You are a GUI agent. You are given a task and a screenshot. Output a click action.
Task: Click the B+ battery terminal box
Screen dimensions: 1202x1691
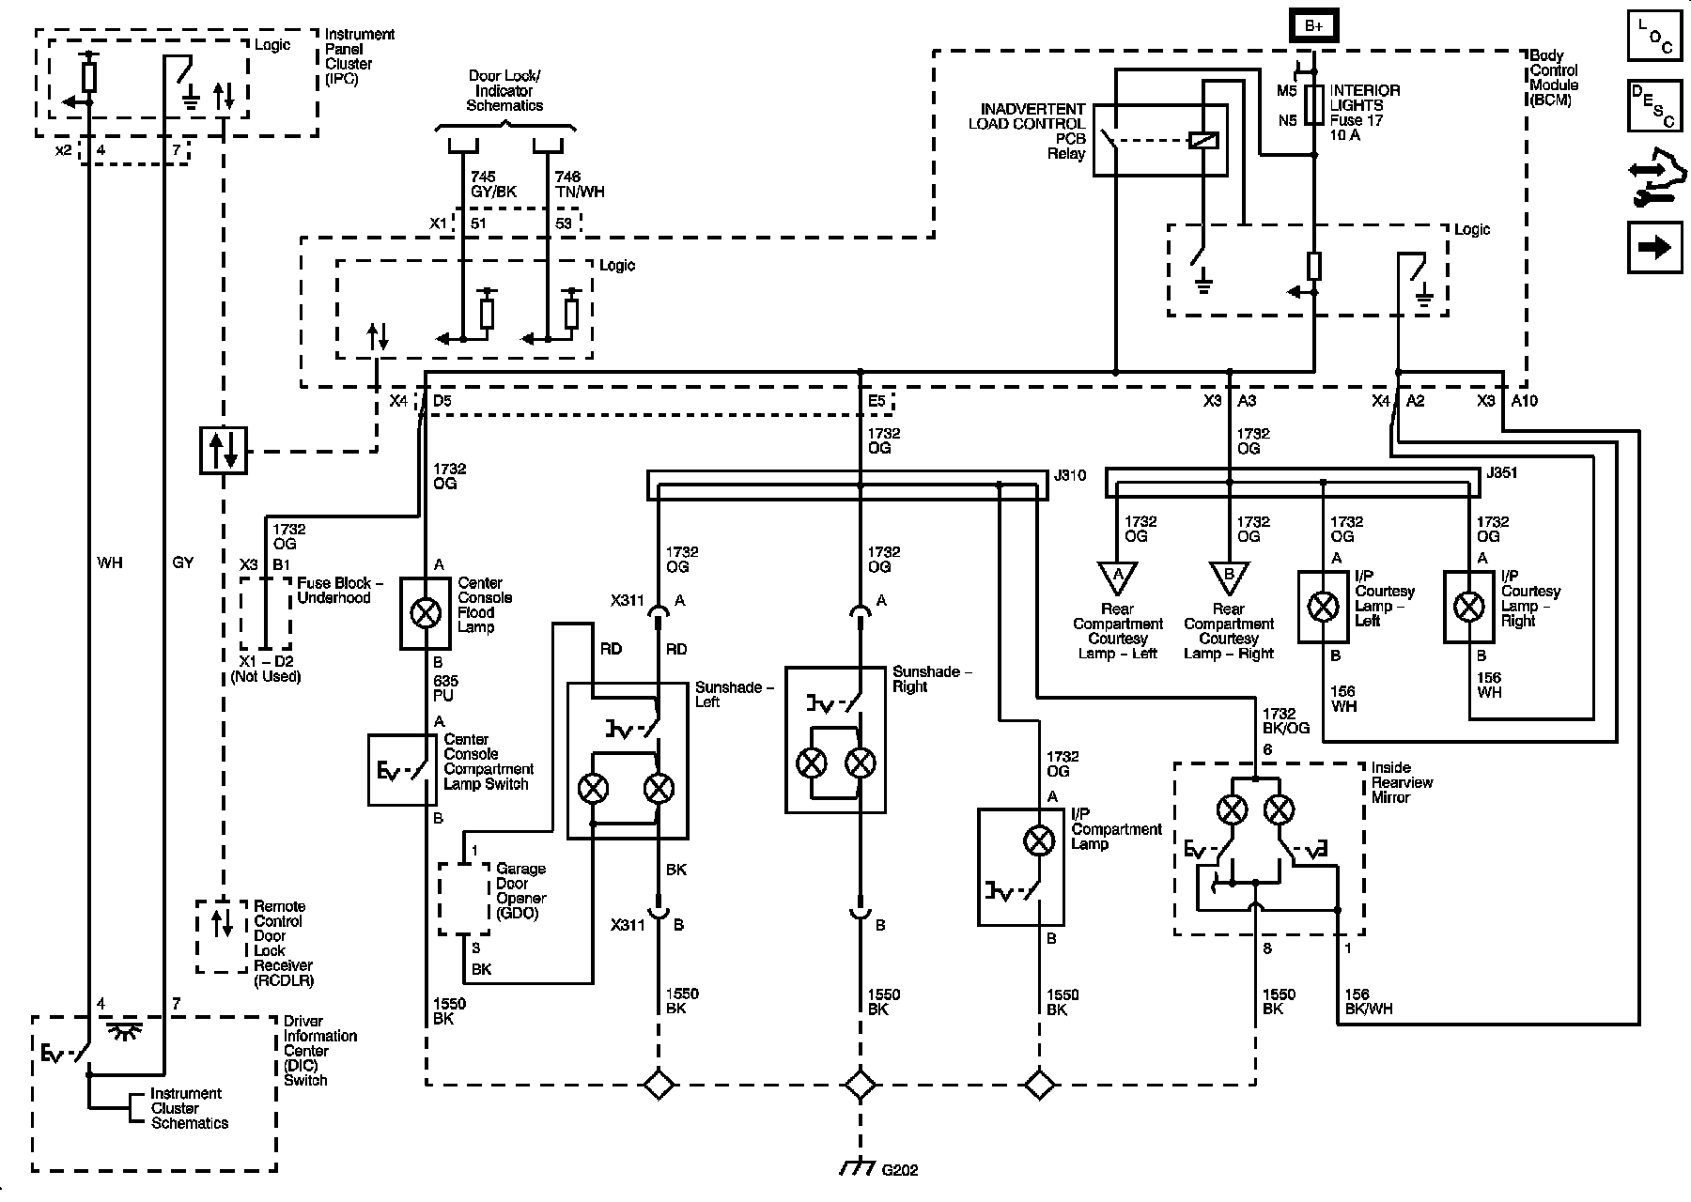pos(1313,26)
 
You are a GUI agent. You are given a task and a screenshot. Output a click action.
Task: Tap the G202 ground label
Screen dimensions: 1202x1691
pos(899,1170)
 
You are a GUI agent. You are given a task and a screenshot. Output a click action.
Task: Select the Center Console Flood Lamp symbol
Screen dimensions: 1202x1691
pos(427,613)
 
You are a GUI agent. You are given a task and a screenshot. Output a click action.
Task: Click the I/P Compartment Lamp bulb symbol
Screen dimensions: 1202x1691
pos(1038,840)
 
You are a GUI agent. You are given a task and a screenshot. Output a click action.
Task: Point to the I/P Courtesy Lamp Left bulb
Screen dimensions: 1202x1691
pos(1324,607)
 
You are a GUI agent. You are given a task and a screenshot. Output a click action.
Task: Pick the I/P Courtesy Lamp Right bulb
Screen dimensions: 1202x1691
pos(1469,607)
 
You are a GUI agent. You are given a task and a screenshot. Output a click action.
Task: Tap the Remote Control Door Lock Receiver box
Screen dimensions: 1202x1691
pos(222,936)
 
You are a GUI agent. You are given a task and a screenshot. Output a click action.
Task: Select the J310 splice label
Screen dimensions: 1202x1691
pos(1070,475)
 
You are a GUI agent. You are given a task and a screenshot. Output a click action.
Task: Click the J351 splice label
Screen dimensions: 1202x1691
pos(1502,472)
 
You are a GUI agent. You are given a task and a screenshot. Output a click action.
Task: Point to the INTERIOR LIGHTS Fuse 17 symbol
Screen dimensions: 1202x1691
pos(1314,101)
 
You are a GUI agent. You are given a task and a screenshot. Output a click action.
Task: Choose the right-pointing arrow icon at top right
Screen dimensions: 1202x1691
pos(1654,247)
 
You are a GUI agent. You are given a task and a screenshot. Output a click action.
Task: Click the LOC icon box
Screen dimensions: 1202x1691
pos(1654,38)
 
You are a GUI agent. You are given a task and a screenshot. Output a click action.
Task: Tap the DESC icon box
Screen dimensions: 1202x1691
pos(1654,106)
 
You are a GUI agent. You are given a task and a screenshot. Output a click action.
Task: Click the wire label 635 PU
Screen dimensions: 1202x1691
pos(443,688)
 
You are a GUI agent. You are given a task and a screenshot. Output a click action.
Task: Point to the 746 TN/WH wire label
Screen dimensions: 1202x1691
pos(580,184)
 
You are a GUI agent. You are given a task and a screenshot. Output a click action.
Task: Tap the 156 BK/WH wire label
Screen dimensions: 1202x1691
pos(1368,1002)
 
